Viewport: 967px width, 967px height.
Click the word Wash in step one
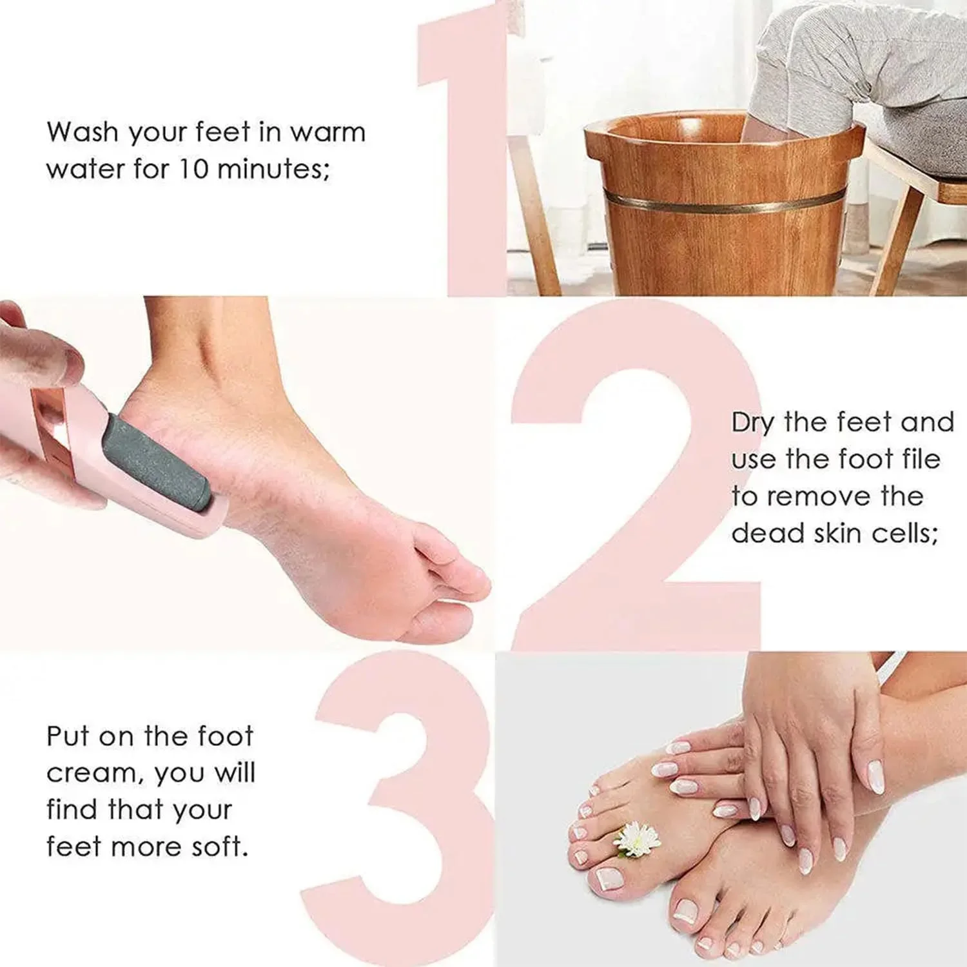tap(83, 132)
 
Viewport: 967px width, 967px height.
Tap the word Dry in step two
tap(753, 424)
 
